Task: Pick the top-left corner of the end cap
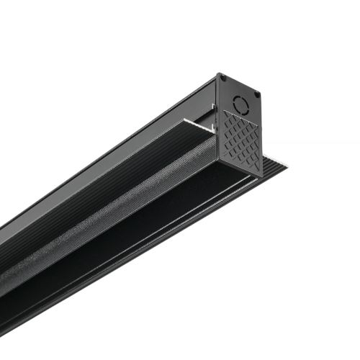(218, 73)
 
